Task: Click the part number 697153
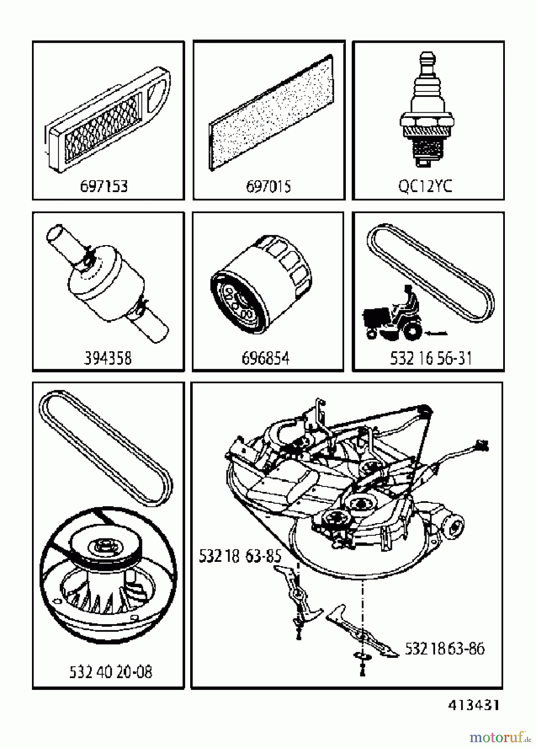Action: click(104, 186)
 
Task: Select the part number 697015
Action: click(269, 186)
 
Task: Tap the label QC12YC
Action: click(425, 186)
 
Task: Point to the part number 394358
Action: click(108, 358)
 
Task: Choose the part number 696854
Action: click(265, 358)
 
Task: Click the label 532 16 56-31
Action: click(431, 358)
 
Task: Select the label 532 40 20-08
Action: click(110, 672)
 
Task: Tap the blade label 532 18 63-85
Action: click(240, 556)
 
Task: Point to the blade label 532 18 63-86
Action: click(445, 649)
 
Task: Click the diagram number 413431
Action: click(473, 705)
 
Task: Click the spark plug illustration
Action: click(426, 112)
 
